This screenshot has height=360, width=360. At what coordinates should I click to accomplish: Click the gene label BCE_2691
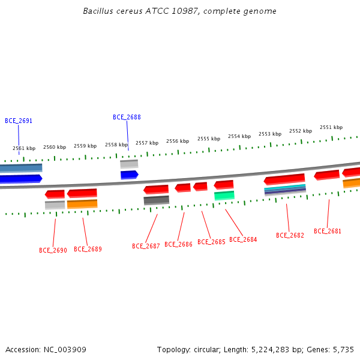pyautogui.click(x=19, y=121)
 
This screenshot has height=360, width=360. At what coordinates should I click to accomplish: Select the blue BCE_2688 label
pyautogui.click(x=127, y=117)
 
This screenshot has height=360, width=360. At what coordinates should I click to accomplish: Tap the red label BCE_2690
pyautogui.click(x=53, y=250)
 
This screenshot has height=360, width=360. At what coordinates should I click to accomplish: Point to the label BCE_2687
pyautogui.click(x=146, y=246)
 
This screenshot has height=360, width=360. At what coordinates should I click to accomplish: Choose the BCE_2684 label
pyautogui.click(x=243, y=239)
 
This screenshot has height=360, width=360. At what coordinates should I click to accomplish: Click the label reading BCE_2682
pyautogui.click(x=290, y=235)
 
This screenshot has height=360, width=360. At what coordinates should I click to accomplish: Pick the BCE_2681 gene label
pyautogui.click(x=328, y=231)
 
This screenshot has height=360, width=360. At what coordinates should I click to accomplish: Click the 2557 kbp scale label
pyautogui.click(x=147, y=143)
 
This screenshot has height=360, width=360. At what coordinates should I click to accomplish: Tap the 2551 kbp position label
pyautogui.click(x=331, y=127)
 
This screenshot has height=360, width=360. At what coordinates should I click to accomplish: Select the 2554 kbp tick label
pyautogui.click(x=239, y=136)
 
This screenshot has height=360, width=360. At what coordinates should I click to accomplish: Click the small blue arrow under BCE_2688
pyautogui.click(x=130, y=175)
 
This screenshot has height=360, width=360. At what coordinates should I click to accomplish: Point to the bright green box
pyautogui.click(x=224, y=196)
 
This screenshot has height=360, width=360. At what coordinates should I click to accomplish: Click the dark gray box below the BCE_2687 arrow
pyautogui.click(x=157, y=200)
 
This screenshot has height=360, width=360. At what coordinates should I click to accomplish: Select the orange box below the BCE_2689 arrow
pyautogui.click(x=82, y=204)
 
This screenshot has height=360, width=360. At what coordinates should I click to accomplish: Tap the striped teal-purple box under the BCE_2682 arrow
pyautogui.click(x=285, y=190)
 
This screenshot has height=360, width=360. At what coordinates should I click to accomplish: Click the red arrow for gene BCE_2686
pyautogui.click(x=183, y=188)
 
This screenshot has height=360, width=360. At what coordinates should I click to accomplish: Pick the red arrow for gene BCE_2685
pyautogui.click(x=200, y=187)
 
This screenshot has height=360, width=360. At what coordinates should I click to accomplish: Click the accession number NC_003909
pyautogui.click(x=65, y=350)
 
